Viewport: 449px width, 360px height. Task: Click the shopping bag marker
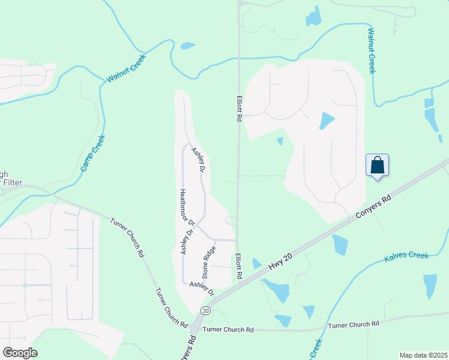click(377, 165)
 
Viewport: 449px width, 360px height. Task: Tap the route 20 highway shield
click(206, 310)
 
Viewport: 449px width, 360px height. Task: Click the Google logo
click(20, 353)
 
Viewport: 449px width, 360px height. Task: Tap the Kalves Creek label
click(406, 256)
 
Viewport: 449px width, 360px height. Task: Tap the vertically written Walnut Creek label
click(372, 50)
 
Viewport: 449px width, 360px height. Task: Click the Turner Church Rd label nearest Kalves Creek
click(354, 325)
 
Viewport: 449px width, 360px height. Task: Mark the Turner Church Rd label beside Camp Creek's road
click(127, 238)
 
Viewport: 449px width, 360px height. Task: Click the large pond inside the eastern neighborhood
click(326, 121)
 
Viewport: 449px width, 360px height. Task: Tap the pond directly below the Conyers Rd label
click(340, 244)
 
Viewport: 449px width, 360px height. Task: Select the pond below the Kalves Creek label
click(430, 286)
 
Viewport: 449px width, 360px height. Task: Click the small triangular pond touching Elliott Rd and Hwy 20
click(257, 264)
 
